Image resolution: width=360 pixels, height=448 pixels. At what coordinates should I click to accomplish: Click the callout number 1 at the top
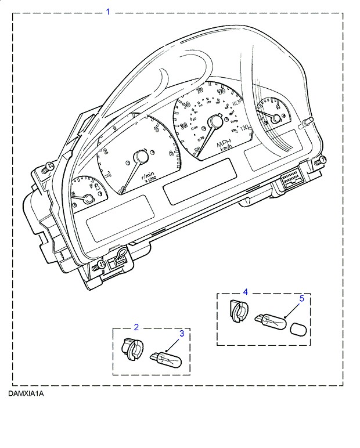107,12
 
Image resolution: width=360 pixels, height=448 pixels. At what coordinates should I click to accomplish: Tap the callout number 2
136,327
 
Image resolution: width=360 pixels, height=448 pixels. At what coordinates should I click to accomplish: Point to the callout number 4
245,292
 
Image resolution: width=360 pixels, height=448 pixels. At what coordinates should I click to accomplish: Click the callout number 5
301,299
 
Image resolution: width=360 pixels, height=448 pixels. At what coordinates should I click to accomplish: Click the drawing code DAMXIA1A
26,393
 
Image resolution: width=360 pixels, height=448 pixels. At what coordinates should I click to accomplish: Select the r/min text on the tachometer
149,174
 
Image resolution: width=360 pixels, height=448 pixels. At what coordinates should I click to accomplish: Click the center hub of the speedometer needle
216,122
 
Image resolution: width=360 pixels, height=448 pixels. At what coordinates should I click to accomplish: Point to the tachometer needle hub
141,157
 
